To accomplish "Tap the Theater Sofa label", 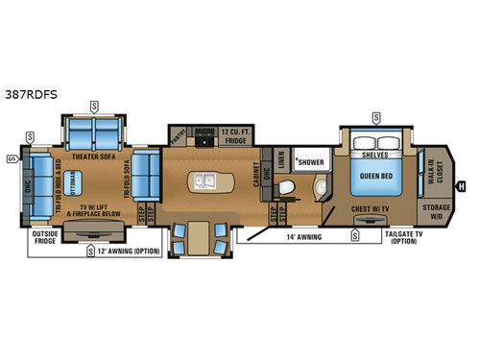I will click(x=91, y=151).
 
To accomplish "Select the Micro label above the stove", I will click(x=204, y=132).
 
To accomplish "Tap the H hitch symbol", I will click(x=462, y=186).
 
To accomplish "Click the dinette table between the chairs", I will click(x=200, y=235).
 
